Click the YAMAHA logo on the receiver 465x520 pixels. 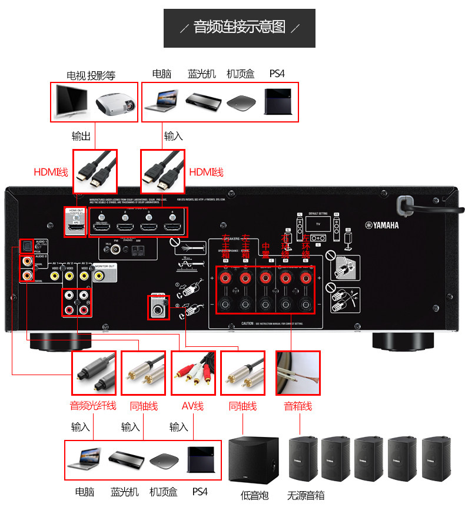(382, 224)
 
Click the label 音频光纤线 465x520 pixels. (93, 405)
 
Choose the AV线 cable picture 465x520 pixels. (192, 373)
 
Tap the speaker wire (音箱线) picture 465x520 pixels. (298, 373)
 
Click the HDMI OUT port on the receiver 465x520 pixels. (75, 226)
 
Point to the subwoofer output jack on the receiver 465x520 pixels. (157, 306)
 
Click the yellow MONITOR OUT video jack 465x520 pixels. (99, 274)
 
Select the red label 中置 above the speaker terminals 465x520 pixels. (265, 250)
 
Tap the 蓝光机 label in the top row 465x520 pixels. (202, 74)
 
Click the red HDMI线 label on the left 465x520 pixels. (51, 172)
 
